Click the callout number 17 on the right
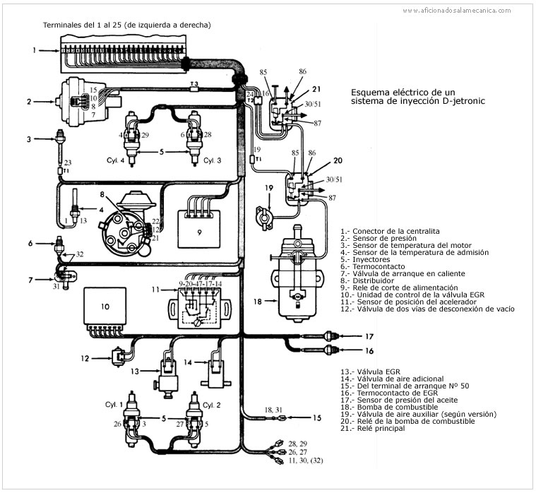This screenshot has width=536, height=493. click(368, 335)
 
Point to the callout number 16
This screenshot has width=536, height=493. click(368, 350)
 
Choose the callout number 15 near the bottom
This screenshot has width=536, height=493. click(317, 418)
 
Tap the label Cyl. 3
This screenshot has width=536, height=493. click(213, 160)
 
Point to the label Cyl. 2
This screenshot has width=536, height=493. click(211, 405)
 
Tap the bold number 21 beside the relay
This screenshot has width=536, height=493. click(316, 88)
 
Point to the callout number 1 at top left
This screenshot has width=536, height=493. click(34, 50)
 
